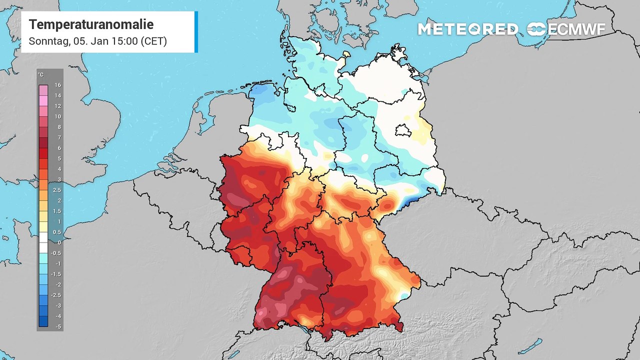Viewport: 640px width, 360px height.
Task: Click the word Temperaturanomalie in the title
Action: [91, 24]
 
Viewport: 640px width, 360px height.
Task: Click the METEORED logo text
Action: [467, 29]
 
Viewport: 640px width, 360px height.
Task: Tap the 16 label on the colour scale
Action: [58, 85]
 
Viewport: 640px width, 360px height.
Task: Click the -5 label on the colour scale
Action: [58, 326]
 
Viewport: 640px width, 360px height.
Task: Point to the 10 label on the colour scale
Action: [58, 116]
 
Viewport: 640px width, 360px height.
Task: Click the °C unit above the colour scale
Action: [40, 75]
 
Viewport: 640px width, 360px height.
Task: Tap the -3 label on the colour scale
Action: [58, 305]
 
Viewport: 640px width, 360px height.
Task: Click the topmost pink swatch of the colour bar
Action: [43, 90]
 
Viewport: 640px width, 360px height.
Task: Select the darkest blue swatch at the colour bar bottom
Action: [43, 321]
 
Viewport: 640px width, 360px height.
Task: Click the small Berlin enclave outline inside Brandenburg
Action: [403, 130]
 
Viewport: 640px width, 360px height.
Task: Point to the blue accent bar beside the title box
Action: [196, 32]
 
